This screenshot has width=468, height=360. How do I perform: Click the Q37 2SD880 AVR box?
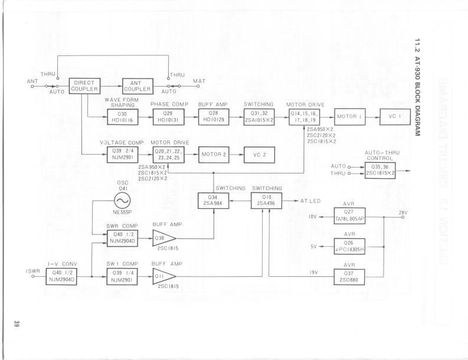(350, 276)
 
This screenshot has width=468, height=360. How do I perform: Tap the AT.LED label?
(309, 201)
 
